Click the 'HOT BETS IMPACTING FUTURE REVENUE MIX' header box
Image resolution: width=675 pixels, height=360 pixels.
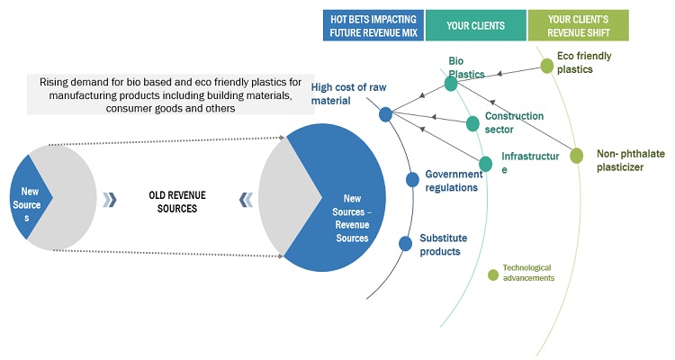tap(373, 25)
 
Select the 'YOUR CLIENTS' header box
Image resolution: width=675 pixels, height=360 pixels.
tap(476, 25)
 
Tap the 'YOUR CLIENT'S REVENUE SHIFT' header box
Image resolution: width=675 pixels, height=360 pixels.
tap(578, 25)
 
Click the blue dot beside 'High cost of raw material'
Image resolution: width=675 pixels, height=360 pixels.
tap(385, 114)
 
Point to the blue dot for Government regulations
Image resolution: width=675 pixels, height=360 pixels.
tap(412, 179)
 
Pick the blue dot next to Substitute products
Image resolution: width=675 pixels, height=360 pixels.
tap(406, 242)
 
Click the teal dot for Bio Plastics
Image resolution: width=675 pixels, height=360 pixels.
tap(451, 84)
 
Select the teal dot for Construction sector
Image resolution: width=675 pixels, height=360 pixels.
tap(472, 123)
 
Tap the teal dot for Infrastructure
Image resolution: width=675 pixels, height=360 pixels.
tap(485, 164)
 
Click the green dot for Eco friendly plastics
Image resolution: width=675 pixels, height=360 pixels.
tap(547, 66)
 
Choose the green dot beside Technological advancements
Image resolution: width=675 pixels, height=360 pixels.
tap(492, 274)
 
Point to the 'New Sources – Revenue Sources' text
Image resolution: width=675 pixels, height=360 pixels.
tap(356, 219)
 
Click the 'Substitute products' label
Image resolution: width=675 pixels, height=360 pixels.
tap(440, 245)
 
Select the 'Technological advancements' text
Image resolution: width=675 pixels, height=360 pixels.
tap(528, 273)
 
